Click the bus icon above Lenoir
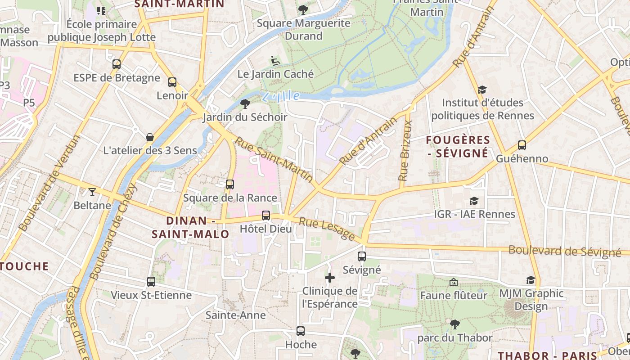(172, 82)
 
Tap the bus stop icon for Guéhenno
(522, 145)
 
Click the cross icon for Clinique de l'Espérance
(330, 278)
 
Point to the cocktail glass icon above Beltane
(92, 192)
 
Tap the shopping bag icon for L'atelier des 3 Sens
(150, 137)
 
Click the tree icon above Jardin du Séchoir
(245, 104)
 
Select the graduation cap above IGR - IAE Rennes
(474, 201)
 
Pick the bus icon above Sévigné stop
(362, 256)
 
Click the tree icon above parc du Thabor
(455, 324)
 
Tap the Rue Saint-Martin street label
(274, 160)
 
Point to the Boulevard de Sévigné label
(564, 252)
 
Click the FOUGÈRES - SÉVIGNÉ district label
(458, 147)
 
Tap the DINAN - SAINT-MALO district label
(190, 227)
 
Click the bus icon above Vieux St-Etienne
(151, 282)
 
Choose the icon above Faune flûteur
(454, 282)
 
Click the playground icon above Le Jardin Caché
(275, 60)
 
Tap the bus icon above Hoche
(301, 331)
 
